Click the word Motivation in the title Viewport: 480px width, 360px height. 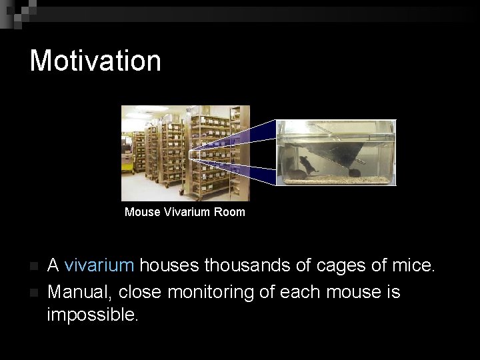click(x=95, y=60)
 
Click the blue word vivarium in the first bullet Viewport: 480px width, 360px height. click(x=99, y=266)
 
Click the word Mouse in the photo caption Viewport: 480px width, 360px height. click(x=142, y=212)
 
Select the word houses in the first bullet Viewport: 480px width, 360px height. click(x=169, y=266)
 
